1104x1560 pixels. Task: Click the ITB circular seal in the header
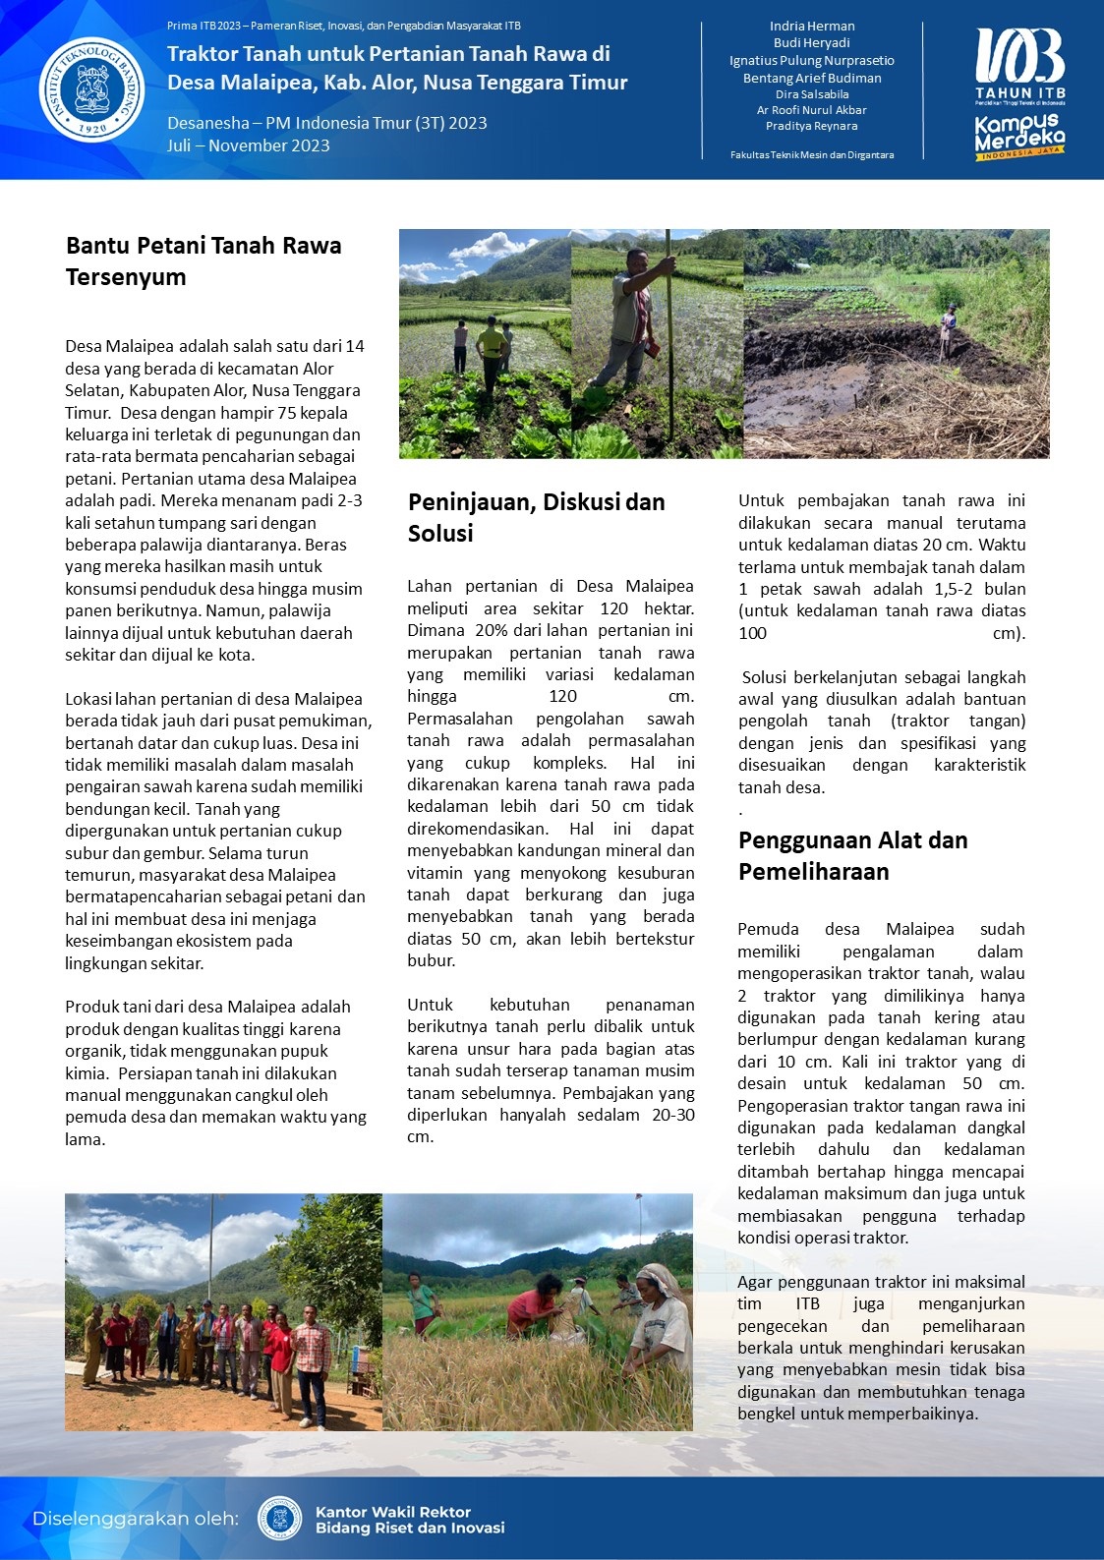(91, 89)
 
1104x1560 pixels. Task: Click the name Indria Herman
(812, 27)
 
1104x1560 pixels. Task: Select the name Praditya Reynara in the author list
(812, 126)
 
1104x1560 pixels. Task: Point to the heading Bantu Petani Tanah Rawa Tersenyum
(203, 261)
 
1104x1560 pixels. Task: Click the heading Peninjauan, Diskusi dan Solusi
(536, 518)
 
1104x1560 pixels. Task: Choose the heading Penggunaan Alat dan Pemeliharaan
(852, 856)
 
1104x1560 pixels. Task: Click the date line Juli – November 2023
(248, 145)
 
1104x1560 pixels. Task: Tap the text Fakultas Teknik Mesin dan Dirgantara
(812, 155)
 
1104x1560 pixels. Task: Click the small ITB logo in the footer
(279, 1519)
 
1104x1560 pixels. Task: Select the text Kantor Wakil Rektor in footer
(393, 1512)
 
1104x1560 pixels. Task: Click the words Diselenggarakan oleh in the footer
(135, 1519)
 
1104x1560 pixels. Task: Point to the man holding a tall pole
(635, 315)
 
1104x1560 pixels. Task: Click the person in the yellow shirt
(492, 354)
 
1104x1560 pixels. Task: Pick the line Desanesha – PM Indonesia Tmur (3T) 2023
(326, 123)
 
